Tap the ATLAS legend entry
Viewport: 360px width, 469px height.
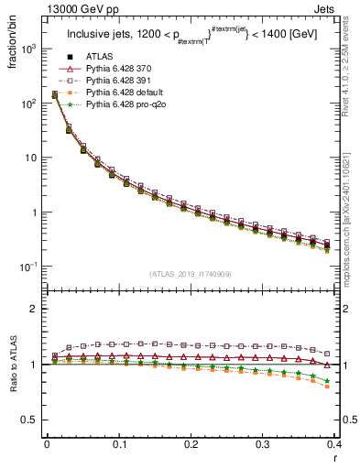pyautogui.click(x=100, y=57)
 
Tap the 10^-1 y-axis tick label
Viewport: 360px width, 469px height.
pyautogui.click(x=27, y=267)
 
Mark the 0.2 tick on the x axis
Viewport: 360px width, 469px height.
pyautogui.click(x=191, y=443)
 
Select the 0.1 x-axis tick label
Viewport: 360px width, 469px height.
pyautogui.click(x=119, y=443)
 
